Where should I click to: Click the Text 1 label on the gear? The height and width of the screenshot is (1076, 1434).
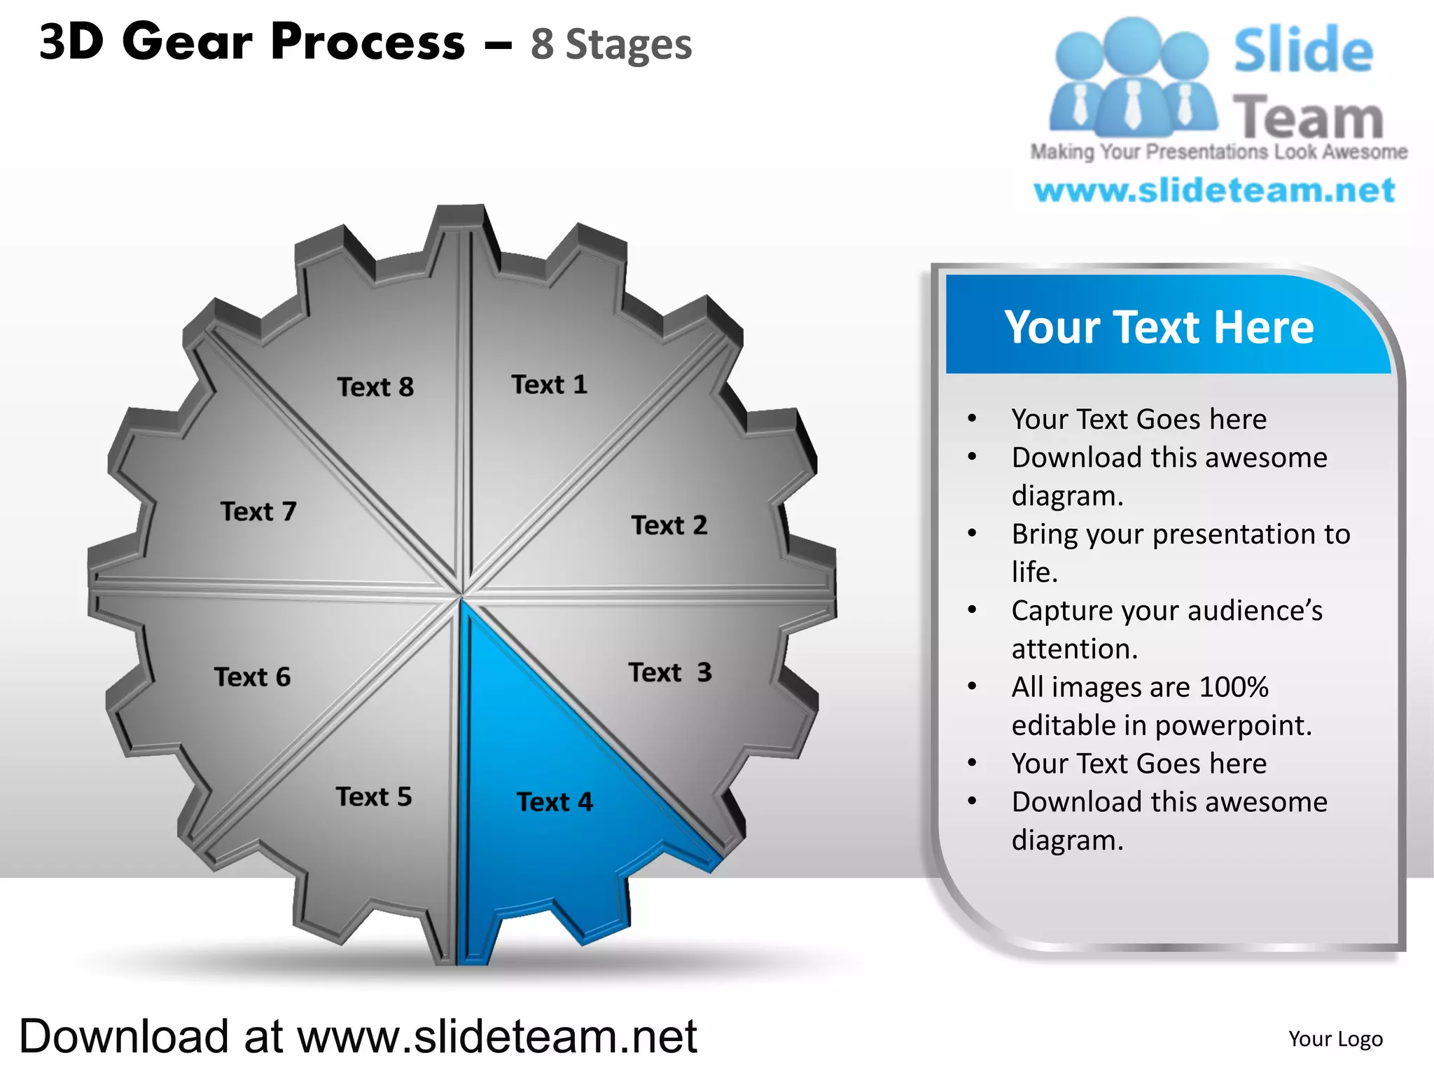click(x=550, y=385)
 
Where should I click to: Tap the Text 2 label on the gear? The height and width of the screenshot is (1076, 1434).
click(x=669, y=525)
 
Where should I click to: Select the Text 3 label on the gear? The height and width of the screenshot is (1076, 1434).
click(x=670, y=672)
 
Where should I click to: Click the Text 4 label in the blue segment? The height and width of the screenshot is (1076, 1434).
click(x=555, y=801)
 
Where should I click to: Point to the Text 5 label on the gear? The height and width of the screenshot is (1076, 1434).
click(x=374, y=796)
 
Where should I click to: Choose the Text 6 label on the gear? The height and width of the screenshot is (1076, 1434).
click(x=252, y=677)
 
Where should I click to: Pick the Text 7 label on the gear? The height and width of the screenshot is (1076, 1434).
click(x=258, y=511)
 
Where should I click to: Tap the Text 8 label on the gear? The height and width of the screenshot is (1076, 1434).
click(x=375, y=387)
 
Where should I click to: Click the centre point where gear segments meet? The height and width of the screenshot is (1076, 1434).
click(x=462, y=595)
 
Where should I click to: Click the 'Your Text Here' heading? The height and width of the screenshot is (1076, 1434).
click(x=1159, y=327)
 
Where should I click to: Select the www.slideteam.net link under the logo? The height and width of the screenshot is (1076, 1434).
click(x=1214, y=191)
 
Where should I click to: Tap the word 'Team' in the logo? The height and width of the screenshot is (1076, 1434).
click(x=1308, y=117)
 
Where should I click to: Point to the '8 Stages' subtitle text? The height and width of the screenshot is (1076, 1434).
click(x=611, y=44)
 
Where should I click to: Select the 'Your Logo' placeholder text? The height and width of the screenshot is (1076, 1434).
click(x=1335, y=1039)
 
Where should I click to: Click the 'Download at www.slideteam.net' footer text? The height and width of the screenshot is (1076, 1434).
click(x=358, y=1037)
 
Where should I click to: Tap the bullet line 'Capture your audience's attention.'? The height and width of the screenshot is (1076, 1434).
click(x=1167, y=629)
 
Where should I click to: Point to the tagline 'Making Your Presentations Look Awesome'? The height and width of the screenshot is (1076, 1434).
click(x=1218, y=152)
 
